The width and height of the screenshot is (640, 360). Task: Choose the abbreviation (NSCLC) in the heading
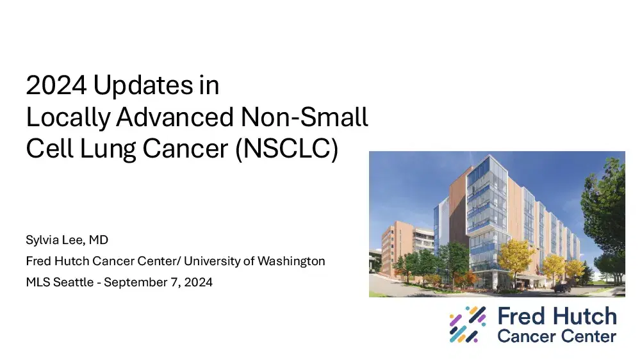click(x=285, y=149)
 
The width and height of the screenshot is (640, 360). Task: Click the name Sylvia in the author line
click(x=43, y=241)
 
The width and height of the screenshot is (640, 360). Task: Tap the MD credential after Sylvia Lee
click(x=98, y=241)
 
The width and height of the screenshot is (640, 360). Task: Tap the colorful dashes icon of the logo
click(x=468, y=325)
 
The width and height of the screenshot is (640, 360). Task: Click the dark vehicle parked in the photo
click(x=561, y=288)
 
